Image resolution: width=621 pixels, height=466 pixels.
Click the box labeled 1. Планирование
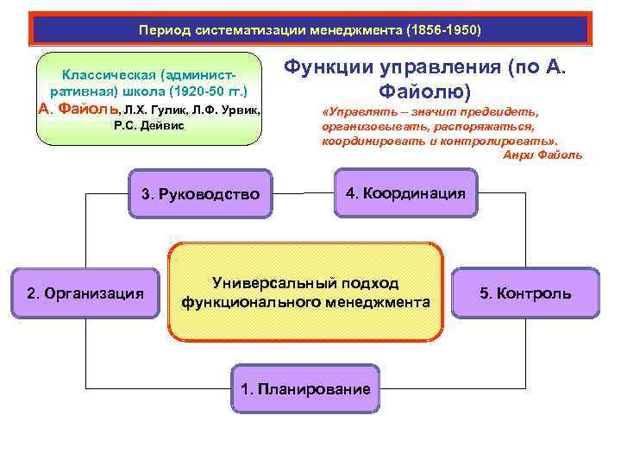[x=305, y=388]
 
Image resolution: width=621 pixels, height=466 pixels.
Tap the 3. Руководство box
[x=200, y=194]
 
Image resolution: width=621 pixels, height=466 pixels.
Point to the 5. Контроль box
[x=525, y=293]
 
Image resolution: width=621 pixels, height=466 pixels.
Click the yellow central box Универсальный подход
[x=305, y=293]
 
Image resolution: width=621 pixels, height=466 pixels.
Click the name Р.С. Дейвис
[x=148, y=127]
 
